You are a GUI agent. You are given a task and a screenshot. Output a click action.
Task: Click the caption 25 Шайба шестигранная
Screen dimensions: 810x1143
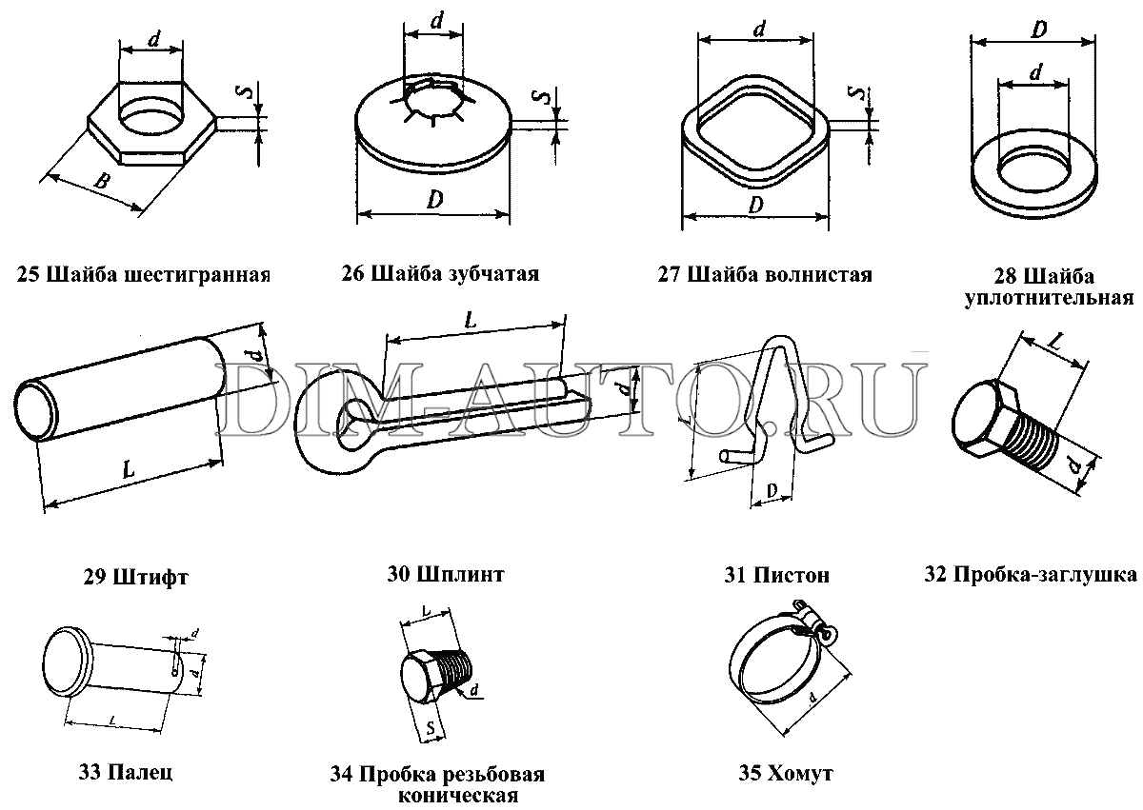tap(144, 276)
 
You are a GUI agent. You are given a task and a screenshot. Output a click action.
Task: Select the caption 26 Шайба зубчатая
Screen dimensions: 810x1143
tap(440, 275)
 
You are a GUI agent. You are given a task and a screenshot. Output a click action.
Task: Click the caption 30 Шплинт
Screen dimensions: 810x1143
tap(446, 574)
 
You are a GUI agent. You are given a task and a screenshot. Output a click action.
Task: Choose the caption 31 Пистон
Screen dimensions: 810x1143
tap(776, 575)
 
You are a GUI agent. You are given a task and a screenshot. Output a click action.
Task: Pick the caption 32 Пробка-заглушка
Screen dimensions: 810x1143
tap(1031, 574)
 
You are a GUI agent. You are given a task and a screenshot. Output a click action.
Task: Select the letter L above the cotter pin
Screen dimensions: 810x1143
tap(470, 322)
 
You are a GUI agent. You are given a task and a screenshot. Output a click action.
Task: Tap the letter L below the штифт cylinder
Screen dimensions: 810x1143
tap(128, 467)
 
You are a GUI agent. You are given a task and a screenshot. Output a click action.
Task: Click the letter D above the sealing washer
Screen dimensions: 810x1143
tap(1039, 30)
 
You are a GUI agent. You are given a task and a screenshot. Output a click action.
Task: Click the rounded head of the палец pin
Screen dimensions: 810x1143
tap(68, 662)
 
